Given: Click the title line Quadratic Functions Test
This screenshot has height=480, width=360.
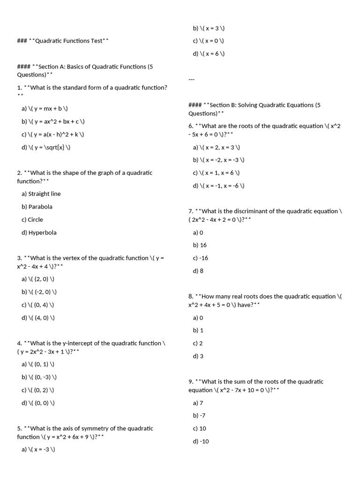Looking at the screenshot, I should (63, 41).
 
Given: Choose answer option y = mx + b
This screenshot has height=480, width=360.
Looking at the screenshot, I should (45, 108).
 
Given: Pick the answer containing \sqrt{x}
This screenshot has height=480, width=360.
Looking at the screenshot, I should (46, 147).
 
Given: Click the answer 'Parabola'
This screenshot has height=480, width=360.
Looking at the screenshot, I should (37, 207).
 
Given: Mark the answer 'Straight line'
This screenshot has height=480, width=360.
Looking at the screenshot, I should (41, 194).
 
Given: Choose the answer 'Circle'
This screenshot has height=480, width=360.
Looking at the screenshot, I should (32, 219).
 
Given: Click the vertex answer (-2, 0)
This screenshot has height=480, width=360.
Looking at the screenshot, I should (39, 292).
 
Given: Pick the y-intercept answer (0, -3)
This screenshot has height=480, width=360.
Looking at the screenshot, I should (39, 377).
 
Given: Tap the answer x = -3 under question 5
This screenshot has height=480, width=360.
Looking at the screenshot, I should (38, 450).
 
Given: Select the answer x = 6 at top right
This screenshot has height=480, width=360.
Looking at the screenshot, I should (209, 53).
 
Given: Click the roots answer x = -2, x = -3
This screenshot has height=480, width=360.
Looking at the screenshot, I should (218, 160).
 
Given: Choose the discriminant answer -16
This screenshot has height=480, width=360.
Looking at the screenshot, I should (201, 258).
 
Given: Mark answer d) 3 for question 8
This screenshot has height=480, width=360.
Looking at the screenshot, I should (198, 356).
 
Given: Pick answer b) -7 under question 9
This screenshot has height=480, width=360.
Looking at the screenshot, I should (199, 415).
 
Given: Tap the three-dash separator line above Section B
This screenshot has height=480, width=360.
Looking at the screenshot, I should (191, 79).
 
